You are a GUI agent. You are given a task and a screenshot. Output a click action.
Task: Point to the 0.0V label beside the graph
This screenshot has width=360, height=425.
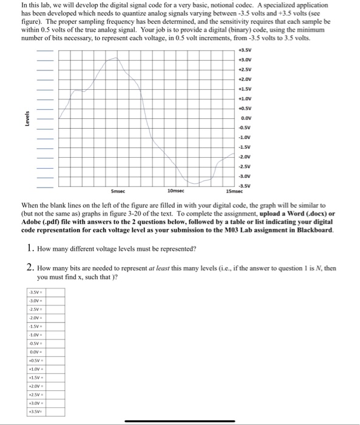coord(246,118)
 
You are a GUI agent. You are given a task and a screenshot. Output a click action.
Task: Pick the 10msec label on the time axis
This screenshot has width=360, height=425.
coord(176,190)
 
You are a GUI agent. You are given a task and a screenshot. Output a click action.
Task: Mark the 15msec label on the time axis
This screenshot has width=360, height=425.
coord(234,190)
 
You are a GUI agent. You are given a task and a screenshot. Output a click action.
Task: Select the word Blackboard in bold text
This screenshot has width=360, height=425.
coord(307,230)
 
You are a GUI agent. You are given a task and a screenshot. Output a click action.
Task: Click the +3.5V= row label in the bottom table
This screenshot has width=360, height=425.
coord(36,411)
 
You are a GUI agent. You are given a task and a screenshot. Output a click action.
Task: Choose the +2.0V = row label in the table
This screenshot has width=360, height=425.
coord(36,386)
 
